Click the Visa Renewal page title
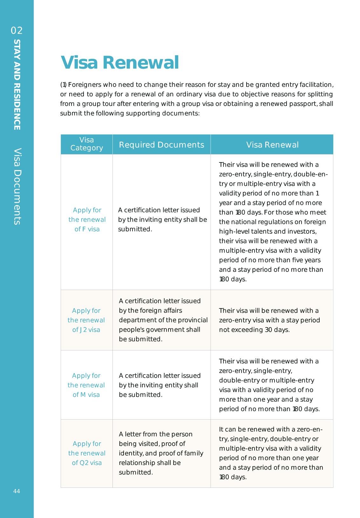pyautogui.click(x=119, y=63)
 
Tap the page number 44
pyautogui.click(x=17, y=491)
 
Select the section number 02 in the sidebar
pyautogui.click(x=17, y=31)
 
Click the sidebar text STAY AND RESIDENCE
pyautogui.click(x=17, y=85)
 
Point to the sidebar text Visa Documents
pyautogui.click(x=17, y=186)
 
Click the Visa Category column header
pyautogui.click(x=86, y=144)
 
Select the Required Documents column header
pyautogui.click(x=161, y=145)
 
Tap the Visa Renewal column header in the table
pyautogui.click(x=272, y=145)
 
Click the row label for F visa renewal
pyautogui.click(x=87, y=220)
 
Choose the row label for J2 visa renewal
pyautogui.click(x=86, y=320)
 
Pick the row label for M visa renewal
pyautogui.click(x=86, y=385)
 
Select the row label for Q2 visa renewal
pyautogui.click(x=87, y=453)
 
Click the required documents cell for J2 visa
pyautogui.click(x=163, y=320)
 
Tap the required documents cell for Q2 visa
pyautogui.click(x=161, y=453)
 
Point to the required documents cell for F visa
pyautogui.click(x=162, y=220)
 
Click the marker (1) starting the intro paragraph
pyautogui.click(x=63, y=85)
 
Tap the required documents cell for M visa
pyautogui.click(x=160, y=385)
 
